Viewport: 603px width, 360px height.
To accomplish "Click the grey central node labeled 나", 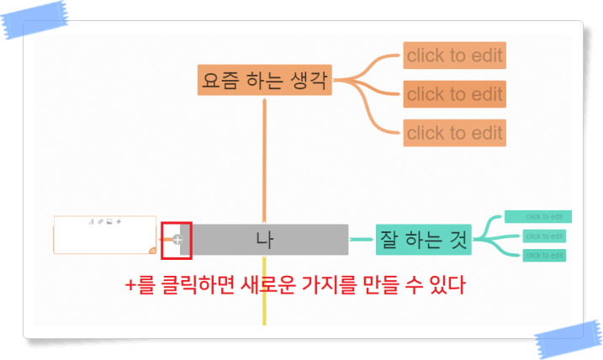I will (x=264, y=240).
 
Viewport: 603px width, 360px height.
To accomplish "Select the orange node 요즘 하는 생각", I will (x=265, y=82).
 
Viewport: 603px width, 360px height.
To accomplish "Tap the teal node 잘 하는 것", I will (x=423, y=239).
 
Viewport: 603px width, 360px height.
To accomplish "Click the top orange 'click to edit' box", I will (x=454, y=56).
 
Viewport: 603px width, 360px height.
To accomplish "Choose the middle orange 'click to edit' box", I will (x=454, y=94).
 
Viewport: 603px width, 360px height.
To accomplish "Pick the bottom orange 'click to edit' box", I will (x=454, y=133).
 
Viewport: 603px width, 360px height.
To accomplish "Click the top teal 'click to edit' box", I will (x=538, y=217).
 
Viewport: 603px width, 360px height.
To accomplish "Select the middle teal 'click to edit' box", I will (x=543, y=236).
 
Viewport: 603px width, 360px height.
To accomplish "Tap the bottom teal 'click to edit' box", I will (x=543, y=255).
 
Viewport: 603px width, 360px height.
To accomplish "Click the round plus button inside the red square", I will (x=177, y=241).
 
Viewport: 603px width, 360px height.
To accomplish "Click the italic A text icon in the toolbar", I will (x=91, y=222).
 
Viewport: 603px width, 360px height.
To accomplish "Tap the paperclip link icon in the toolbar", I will (x=100, y=222).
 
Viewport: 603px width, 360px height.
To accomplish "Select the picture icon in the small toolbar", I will (x=109, y=222).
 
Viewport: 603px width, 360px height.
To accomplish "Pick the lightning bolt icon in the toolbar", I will (x=119, y=222).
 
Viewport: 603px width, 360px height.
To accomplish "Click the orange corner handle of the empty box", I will (x=151, y=249).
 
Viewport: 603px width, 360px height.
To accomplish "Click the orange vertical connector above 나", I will (x=265, y=160).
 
